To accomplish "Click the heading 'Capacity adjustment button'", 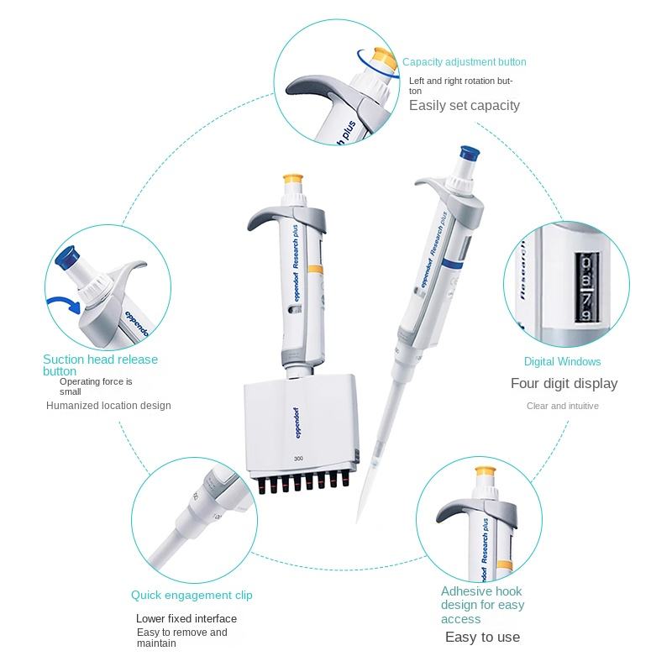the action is point(465,62).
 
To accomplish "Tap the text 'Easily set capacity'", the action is point(465,106).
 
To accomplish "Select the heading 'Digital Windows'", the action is point(562,362).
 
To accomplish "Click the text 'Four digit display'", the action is point(564,383).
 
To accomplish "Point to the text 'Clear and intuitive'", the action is point(562,406).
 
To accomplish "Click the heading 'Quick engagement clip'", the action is point(192,596).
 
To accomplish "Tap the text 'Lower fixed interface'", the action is point(186,618).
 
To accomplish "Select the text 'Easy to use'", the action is point(482,637).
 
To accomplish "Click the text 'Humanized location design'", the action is point(108,406).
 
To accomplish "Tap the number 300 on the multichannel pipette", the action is point(298,459).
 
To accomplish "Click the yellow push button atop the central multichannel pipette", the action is point(293,179).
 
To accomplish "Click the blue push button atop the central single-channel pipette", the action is point(470,154).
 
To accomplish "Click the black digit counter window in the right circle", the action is point(586,287).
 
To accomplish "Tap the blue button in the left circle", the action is point(66,258).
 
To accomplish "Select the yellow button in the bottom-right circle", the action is point(486,471).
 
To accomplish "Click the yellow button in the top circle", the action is point(384,58).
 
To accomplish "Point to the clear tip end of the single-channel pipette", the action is point(357,522).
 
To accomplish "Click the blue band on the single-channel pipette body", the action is point(452,263).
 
